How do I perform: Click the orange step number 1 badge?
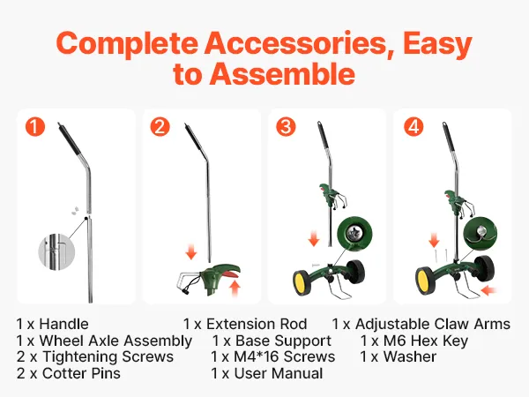tap(34, 126)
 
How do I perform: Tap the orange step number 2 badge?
tap(160, 126)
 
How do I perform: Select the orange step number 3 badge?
tap(286, 126)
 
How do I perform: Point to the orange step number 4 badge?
tap(414, 126)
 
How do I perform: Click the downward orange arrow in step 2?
tap(191, 252)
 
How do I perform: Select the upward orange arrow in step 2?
tap(235, 289)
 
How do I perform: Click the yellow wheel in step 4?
tap(425, 279)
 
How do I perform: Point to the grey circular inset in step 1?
tap(56, 251)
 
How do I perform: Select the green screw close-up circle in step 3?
tap(355, 234)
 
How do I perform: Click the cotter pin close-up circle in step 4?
tap(481, 234)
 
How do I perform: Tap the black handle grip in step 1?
tap(70, 140)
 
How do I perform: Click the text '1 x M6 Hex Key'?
tap(414, 341)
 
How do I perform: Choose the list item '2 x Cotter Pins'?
tap(69, 373)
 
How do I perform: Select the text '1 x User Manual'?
tap(267, 373)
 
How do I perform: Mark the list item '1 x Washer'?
tap(399, 356)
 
